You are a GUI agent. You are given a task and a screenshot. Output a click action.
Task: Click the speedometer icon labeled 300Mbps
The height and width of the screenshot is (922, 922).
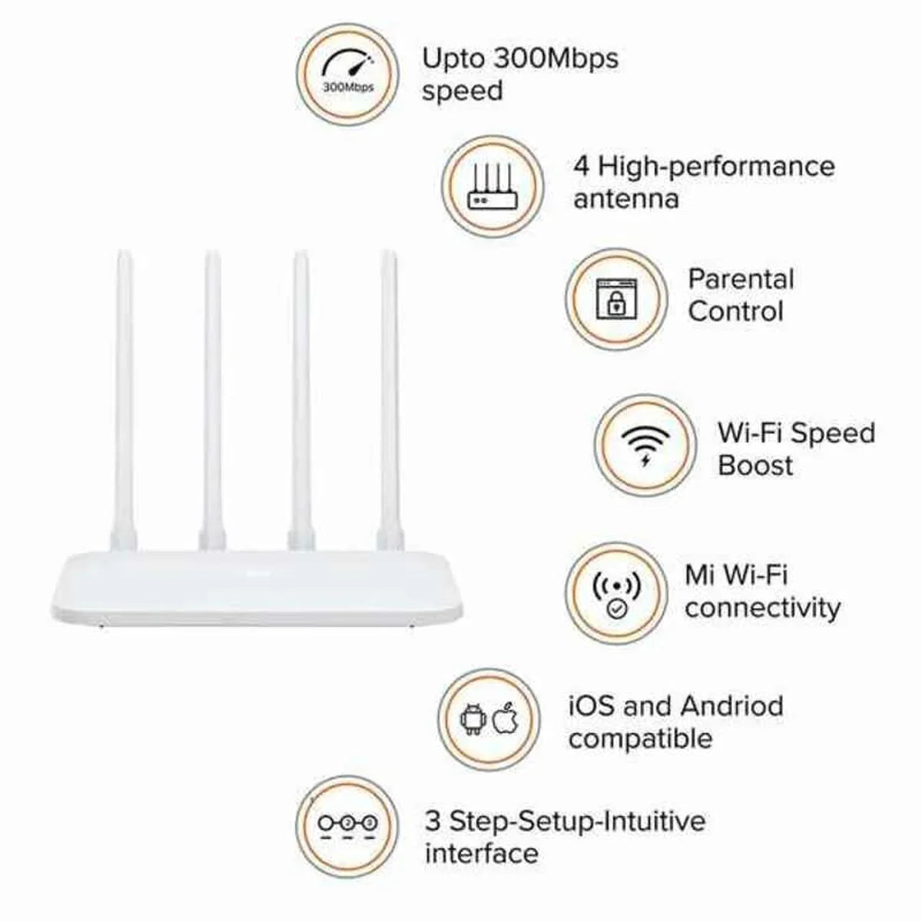347,74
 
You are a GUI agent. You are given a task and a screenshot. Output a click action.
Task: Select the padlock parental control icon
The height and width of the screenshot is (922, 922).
616,300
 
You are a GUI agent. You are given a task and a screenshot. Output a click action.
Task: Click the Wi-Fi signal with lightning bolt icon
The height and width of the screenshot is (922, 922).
645,446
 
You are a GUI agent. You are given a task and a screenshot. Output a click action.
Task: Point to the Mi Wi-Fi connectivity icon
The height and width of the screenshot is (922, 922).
616,593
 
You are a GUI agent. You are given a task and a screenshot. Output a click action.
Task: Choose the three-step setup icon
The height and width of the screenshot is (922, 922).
347,824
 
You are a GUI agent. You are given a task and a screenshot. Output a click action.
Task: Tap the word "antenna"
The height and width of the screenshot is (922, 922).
626,199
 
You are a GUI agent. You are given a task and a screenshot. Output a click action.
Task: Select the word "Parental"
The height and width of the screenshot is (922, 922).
741,278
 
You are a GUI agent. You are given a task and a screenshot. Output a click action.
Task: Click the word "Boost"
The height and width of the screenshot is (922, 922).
755,465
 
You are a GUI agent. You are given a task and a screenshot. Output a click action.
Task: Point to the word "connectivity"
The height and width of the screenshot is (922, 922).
763,608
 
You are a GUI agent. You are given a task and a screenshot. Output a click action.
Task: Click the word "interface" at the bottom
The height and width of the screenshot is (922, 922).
482,853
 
